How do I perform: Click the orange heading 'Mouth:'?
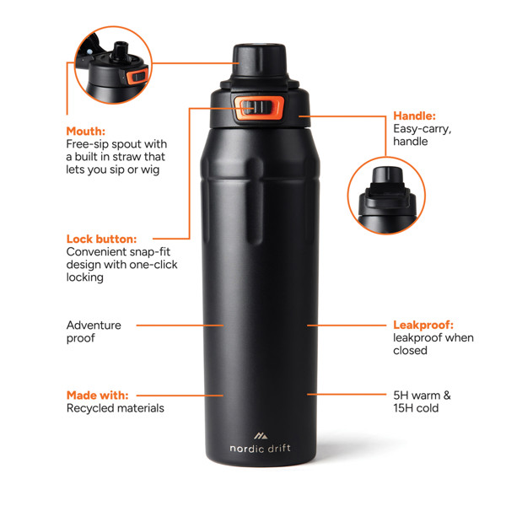coord(85,132)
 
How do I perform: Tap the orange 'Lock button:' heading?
coord(101,239)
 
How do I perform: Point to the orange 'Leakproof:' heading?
coord(424,325)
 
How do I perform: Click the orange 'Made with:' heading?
coord(97,395)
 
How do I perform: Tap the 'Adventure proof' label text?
coord(94,331)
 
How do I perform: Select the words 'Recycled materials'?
coord(115,408)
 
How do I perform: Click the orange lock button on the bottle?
coord(256,108)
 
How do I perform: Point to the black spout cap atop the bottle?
coord(254,57)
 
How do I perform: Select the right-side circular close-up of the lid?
coord(385,196)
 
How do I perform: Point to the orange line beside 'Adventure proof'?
coord(180,325)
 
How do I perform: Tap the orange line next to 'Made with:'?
coord(180,395)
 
